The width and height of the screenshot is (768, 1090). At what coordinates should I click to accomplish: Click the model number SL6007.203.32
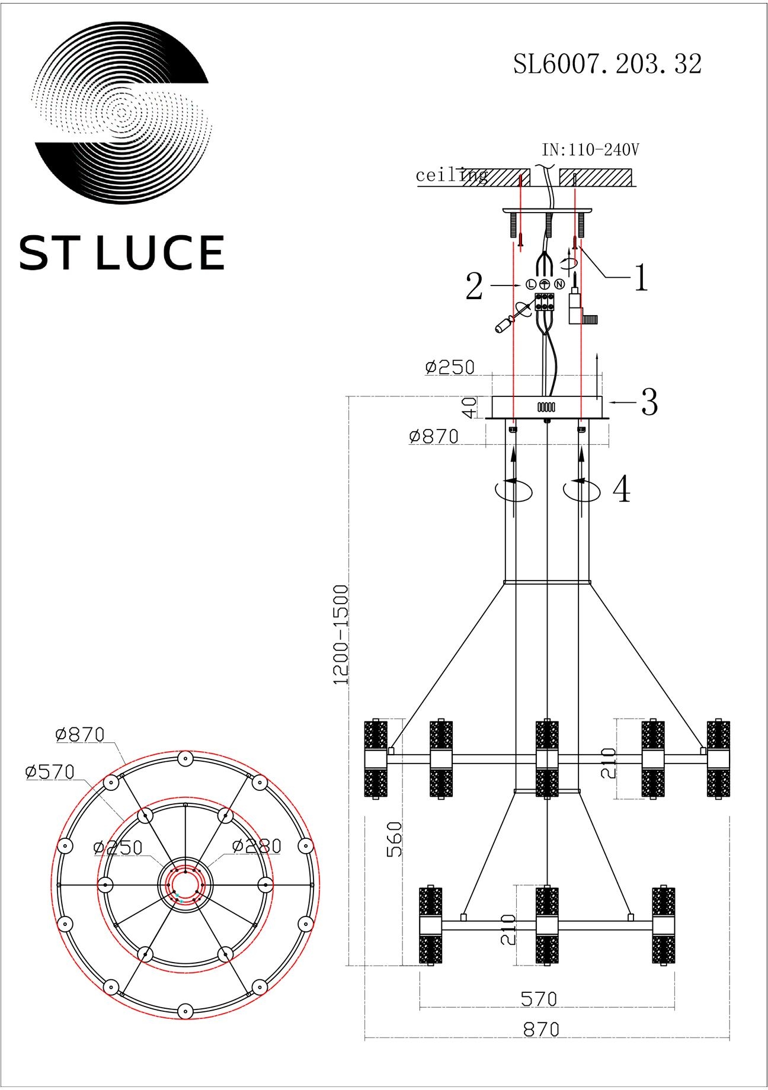[x=607, y=64]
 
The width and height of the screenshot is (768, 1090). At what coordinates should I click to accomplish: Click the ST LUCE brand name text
[x=122, y=253]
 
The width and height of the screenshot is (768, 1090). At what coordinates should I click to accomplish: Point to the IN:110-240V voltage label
[x=590, y=150]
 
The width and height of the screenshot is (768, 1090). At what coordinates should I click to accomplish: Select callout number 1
[x=641, y=278]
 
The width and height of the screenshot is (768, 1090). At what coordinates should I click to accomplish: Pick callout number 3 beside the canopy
[x=649, y=402]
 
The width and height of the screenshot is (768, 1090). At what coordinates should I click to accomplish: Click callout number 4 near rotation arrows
[x=621, y=490]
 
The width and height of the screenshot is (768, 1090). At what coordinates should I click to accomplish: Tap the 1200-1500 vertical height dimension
[x=342, y=634]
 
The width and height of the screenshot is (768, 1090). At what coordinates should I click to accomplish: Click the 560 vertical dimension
[x=394, y=839]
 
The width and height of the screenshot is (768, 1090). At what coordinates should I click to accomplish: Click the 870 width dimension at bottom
[x=541, y=1029]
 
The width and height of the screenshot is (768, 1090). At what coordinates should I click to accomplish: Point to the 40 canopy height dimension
[x=469, y=407]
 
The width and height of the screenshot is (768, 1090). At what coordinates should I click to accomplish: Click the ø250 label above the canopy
[x=450, y=367]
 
